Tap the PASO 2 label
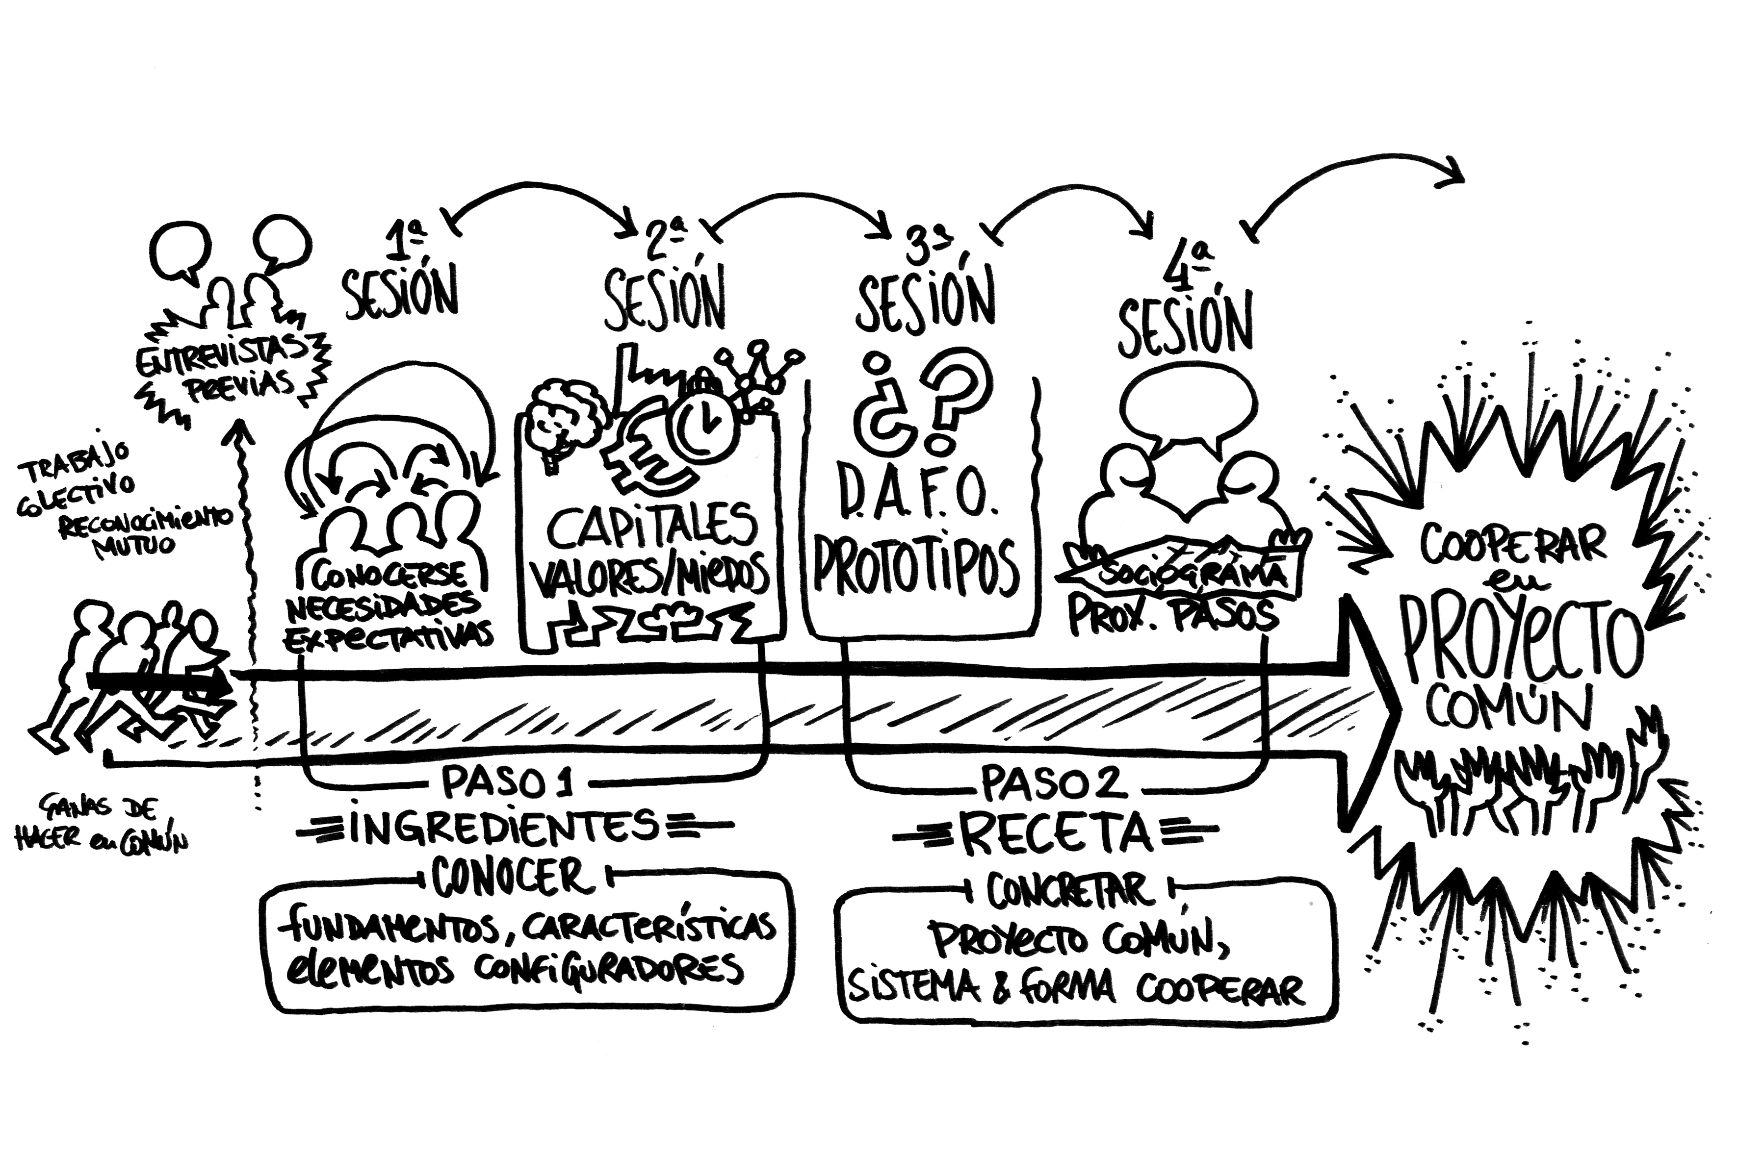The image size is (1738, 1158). (x=1054, y=783)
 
